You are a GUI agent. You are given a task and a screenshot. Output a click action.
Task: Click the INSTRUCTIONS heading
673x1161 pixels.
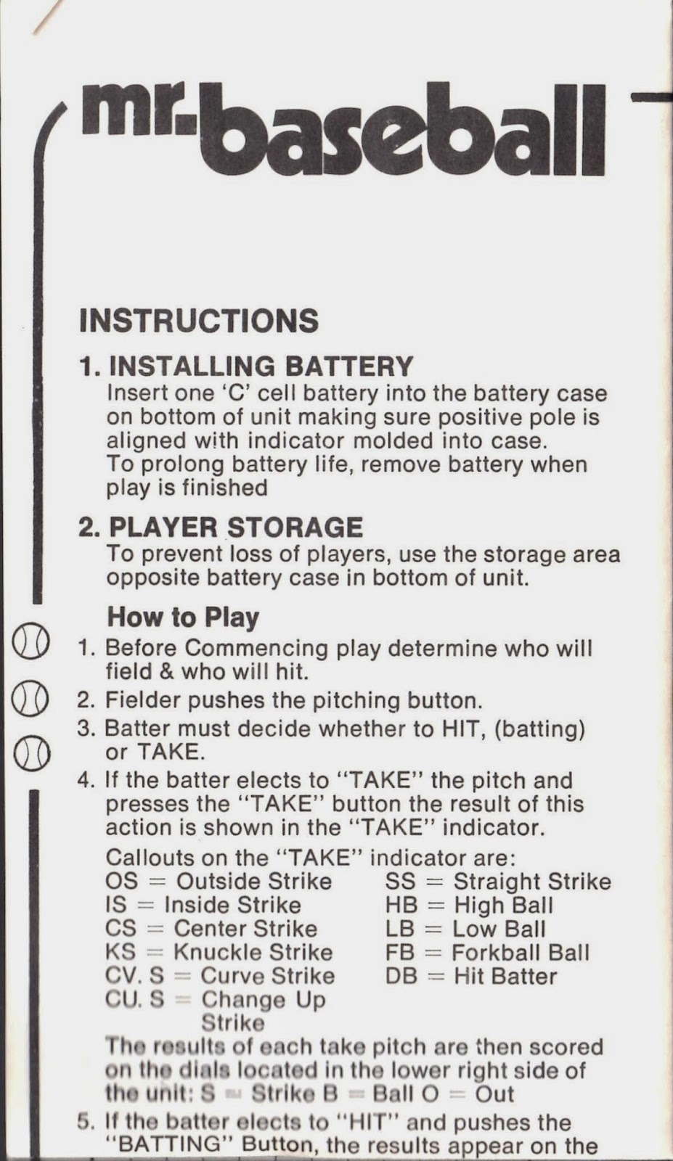point(199,321)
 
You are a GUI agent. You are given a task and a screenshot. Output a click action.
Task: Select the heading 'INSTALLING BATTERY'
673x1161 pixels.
point(261,366)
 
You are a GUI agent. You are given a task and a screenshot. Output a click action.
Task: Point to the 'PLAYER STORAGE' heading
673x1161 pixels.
point(236,528)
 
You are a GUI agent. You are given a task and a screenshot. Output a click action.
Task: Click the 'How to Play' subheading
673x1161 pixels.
point(183,618)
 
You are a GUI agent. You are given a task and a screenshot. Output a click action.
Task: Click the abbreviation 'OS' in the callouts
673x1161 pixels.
point(122,881)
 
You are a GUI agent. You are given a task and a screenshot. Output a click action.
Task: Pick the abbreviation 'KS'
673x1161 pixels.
point(121,952)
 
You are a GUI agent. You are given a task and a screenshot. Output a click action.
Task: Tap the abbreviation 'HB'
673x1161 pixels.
point(401,905)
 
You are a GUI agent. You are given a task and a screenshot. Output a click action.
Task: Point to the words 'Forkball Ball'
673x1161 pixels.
point(521,952)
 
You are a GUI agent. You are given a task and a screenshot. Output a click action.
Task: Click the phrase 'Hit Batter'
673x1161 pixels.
point(505,976)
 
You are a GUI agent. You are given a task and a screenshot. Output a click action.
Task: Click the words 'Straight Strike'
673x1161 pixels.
point(532,881)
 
